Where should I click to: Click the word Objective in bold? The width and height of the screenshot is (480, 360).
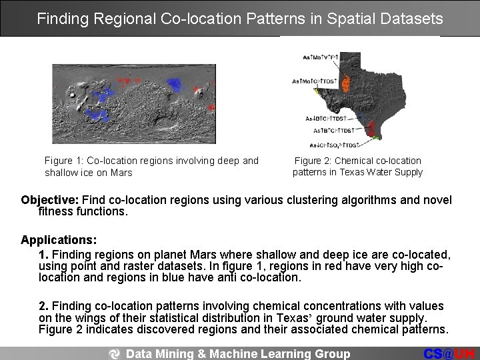coord(49,200)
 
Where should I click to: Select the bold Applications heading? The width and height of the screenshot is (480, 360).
coord(59,239)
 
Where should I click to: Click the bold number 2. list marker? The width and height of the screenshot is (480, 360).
coord(43,305)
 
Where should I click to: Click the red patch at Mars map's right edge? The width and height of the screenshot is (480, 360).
coord(211,106)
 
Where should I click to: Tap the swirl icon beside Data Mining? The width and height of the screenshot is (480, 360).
coord(116,353)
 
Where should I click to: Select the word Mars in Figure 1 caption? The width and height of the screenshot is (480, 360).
coord(121,173)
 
